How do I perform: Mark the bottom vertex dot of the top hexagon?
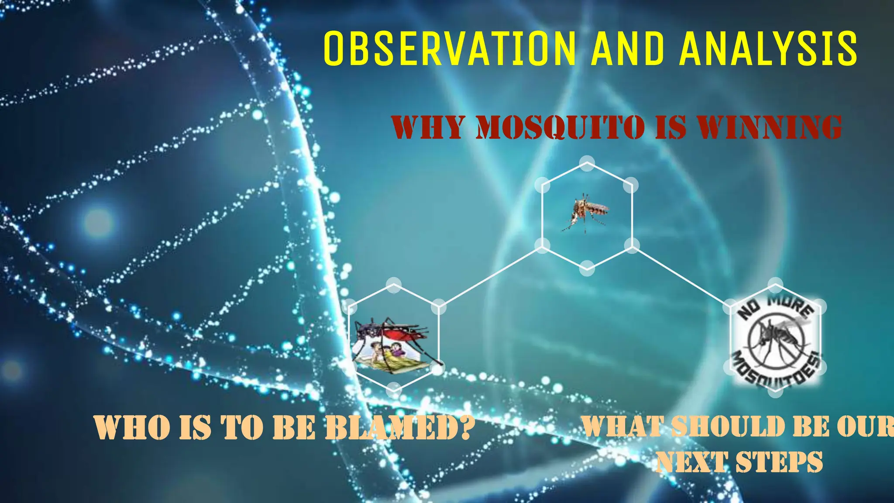587,268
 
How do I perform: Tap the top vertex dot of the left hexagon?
394,285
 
